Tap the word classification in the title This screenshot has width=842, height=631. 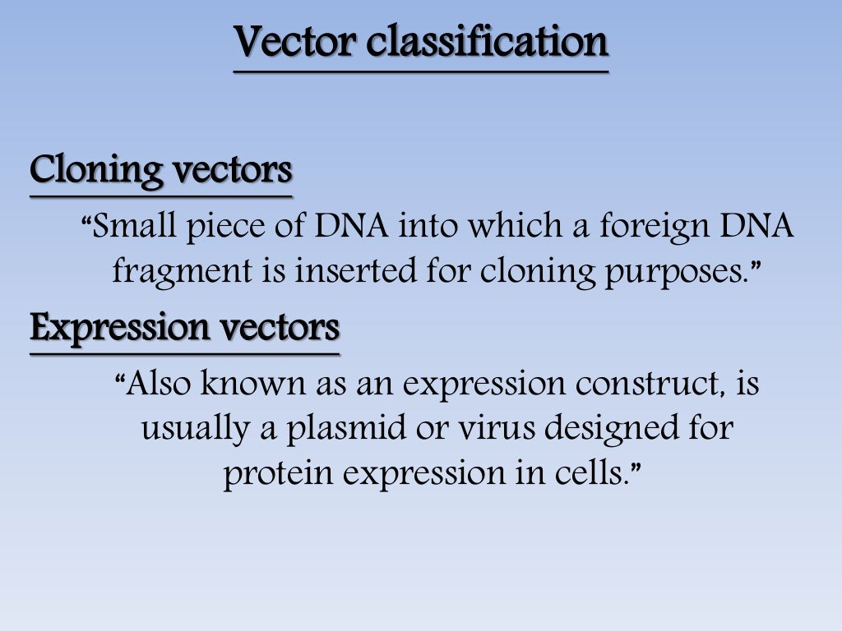point(487,43)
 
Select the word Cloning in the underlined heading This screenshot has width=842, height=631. point(95,171)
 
